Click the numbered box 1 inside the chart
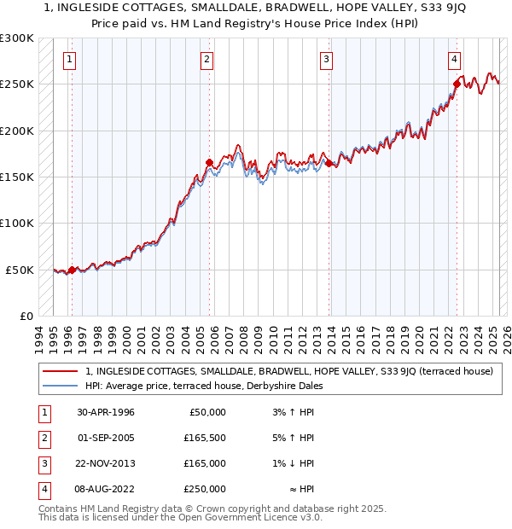(69, 59)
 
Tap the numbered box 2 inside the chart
(207, 59)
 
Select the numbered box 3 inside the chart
(326, 59)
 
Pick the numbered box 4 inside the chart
(455, 59)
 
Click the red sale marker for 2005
(209, 162)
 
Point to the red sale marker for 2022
(457, 84)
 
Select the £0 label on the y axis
(26, 316)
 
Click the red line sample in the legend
(61, 371)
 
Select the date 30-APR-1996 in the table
(106, 412)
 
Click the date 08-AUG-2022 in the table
(106, 489)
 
